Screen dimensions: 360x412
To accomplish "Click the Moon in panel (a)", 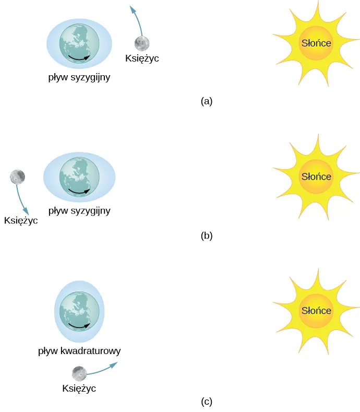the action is click(x=142, y=44).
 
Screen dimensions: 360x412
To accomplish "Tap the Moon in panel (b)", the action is click(x=17, y=177).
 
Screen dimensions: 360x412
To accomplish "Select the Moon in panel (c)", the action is click(x=79, y=373).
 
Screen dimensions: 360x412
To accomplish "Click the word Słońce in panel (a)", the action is click(x=316, y=43).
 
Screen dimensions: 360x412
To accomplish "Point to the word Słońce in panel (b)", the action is click(x=316, y=176).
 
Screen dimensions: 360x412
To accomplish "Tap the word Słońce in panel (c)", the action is click(x=316, y=311).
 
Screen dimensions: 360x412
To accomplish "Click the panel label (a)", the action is click(x=207, y=101).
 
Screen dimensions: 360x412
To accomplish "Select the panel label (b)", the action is click(x=207, y=236).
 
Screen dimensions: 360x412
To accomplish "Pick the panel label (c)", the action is click(x=207, y=402).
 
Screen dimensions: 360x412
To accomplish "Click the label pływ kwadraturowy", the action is click(x=79, y=351).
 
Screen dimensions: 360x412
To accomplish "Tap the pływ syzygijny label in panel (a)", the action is click(x=79, y=77).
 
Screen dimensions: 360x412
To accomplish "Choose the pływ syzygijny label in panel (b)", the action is click(x=79, y=211).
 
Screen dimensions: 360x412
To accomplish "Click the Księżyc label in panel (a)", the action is click(x=142, y=58).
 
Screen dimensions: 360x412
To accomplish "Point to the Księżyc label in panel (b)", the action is click(x=21, y=220).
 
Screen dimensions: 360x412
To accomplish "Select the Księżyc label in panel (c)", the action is click(x=79, y=389).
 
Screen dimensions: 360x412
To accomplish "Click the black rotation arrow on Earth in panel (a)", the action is click(x=79, y=58).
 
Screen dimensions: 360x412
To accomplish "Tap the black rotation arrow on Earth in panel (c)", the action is click(x=79, y=326).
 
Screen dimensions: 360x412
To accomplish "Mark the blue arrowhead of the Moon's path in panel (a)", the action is click(x=134, y=9).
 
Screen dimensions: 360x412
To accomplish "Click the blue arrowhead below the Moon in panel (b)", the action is click(x=26, y=211).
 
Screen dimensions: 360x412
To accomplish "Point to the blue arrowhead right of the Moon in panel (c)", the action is click(x=114, y=365).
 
